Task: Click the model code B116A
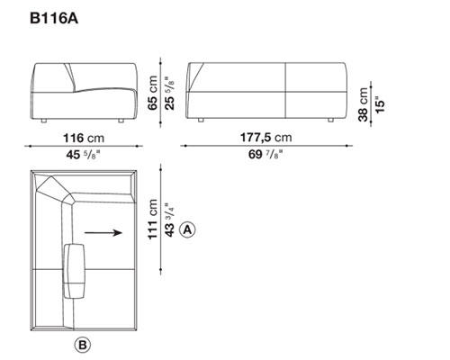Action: (54, 18)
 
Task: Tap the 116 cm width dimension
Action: (84, 139)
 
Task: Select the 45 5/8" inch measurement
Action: (83, 155)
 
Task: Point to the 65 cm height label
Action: (152, 93)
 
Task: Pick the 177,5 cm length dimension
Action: (266, 138)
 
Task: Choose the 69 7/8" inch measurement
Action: (265, 155)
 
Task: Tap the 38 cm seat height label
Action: (363, 104)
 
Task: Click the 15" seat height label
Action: (380, 104)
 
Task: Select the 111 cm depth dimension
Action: (152, 219)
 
